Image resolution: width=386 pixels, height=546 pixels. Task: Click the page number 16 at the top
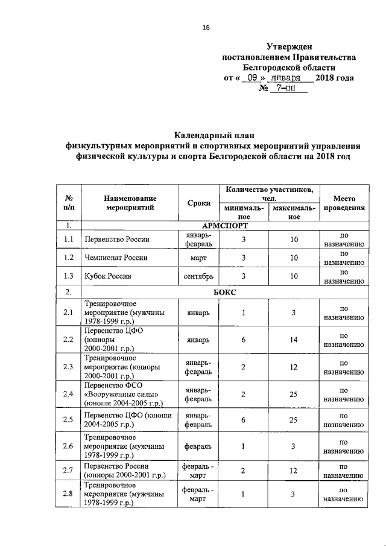click(x=205, y=27)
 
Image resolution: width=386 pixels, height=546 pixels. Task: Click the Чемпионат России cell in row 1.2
click(x=112, y=258)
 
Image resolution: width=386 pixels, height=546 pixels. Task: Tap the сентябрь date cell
click(x=198, y=276)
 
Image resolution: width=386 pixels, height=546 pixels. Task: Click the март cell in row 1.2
click(x=198, y=258)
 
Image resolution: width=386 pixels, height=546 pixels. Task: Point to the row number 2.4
click(x=68, y=394)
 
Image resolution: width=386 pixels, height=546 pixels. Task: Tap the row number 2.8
click(x=68, y=495)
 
